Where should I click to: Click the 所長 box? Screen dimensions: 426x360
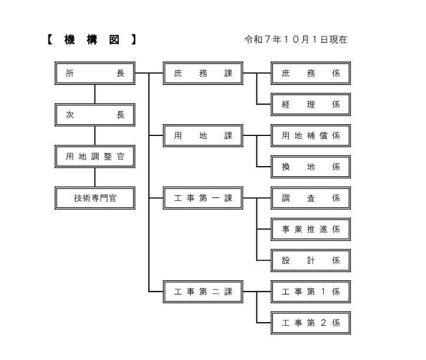click(95, 73)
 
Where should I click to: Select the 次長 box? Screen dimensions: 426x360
click(95, 115)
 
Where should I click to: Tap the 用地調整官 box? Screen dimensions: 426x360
click(95, 156)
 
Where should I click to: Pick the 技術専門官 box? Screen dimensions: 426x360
click(95, 198)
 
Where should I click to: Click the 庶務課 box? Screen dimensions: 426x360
click(203, 73)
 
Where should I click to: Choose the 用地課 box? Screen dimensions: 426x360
click(203, 135)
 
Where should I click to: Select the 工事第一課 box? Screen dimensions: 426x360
click(203, 198)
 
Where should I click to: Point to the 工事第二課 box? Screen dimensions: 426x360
click(203, 291)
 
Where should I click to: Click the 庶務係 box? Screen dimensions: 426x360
click(311, 73)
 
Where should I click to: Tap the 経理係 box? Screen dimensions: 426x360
click(311, 105)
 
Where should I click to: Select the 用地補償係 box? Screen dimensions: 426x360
click(311, 135)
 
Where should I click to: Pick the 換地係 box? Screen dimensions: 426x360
click(311, 167)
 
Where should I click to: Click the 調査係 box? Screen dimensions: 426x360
click(311, 198)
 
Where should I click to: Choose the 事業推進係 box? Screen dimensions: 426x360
click(311, 229)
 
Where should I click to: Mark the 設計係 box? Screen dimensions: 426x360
click(311, 261)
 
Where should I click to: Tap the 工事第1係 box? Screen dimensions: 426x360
click(311, 291)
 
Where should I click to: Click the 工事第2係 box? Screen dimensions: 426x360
click(311, 323)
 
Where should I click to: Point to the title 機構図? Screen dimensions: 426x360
click(92, 40)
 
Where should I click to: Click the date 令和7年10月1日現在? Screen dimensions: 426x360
click(296, 40)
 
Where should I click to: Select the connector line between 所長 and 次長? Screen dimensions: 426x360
click(95, 94)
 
